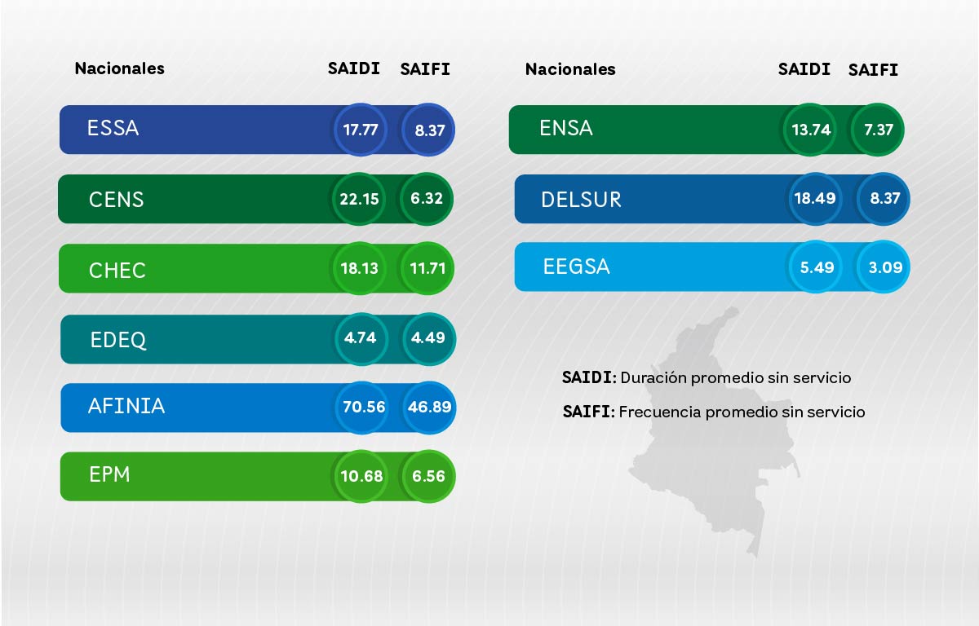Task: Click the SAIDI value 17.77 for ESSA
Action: click(x=360, y=129)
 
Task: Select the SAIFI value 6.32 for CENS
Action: click(x=427, y=198)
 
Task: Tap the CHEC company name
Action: click(x=117, y=270)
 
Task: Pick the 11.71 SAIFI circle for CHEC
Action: click(x=427, y=267)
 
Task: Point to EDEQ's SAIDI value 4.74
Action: click(x=361, y=337)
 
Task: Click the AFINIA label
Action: click(x=126, y=406)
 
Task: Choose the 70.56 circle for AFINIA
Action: click(x=361, y=406)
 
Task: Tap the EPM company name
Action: click(x=109, y=474)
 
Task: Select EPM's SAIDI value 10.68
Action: click(x=361, y=476)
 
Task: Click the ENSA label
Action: click(x=566, y=128)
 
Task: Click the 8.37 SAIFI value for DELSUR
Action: click(x=884, y=198)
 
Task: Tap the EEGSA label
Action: click(x=576, y=267)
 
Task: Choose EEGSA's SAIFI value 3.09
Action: click(x=883, y=267)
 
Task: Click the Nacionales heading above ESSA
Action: click(x=119, y=68)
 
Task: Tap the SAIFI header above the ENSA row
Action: click(x=873, y=70)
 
